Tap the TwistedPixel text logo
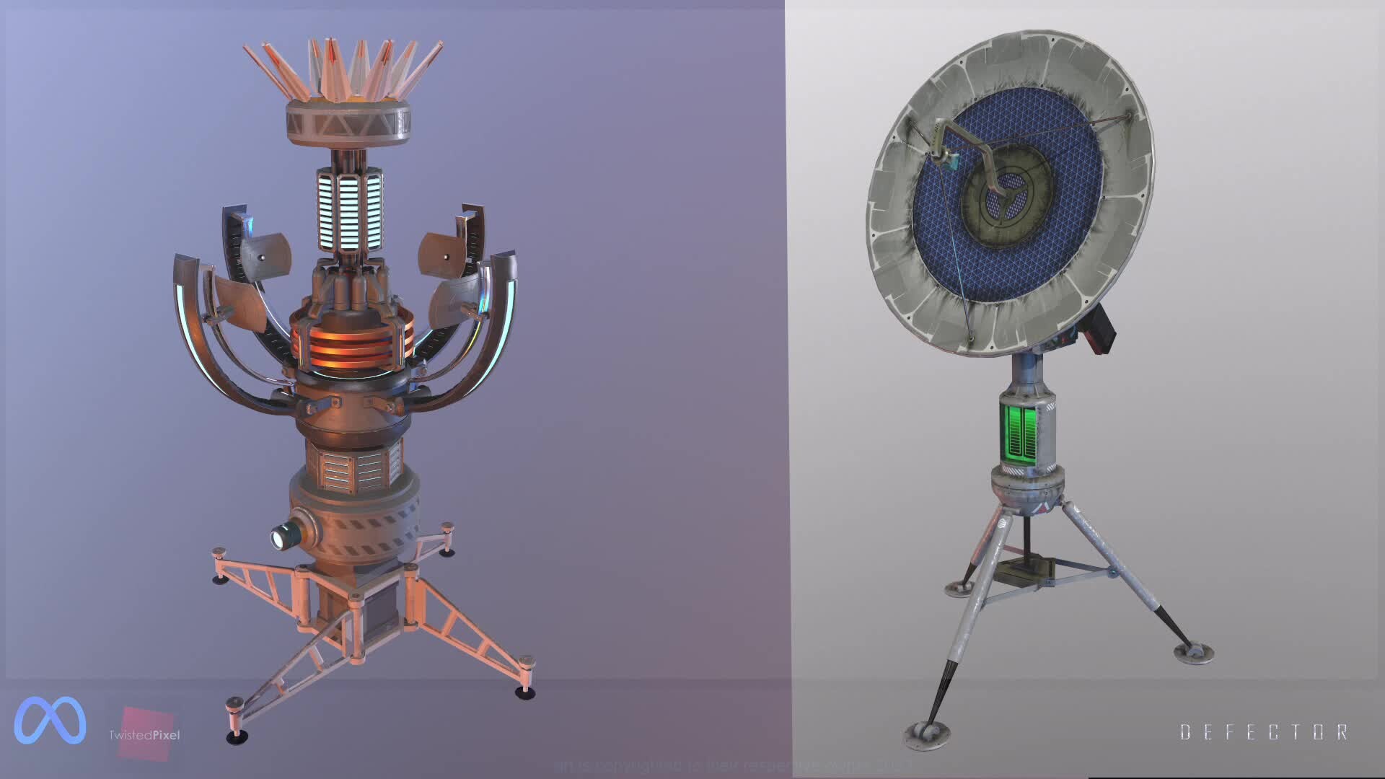[x=144, y=735]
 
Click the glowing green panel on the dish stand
[x=1019, y=433]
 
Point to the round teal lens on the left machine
[x=282, y=537]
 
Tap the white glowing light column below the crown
[x=349, y=208]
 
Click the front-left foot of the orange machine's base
[x=237, y=734]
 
